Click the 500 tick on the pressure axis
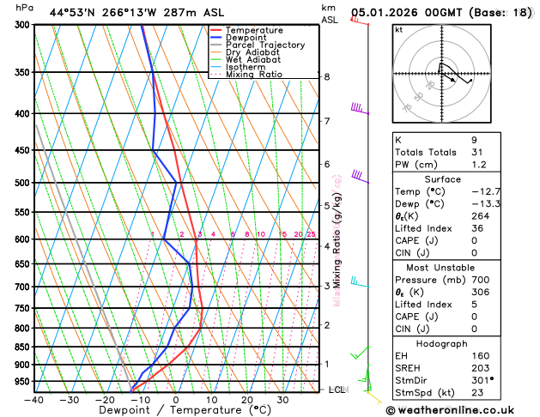23,183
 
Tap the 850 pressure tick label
23,347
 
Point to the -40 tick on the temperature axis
34,400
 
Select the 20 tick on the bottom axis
247,400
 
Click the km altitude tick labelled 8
326,77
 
